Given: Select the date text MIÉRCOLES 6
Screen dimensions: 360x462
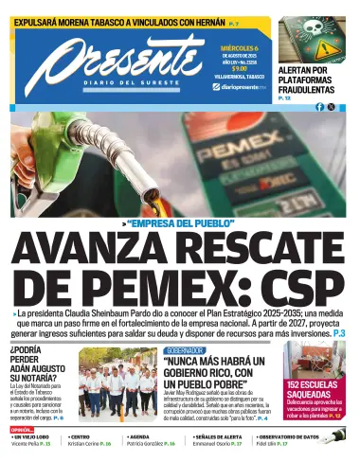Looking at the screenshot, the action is (241, 44).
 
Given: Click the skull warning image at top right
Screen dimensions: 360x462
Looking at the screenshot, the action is (314, 38).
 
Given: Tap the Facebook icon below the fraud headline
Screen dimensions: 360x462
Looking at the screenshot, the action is (320, 107).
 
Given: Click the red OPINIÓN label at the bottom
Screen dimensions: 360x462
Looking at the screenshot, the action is (24, 429).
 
